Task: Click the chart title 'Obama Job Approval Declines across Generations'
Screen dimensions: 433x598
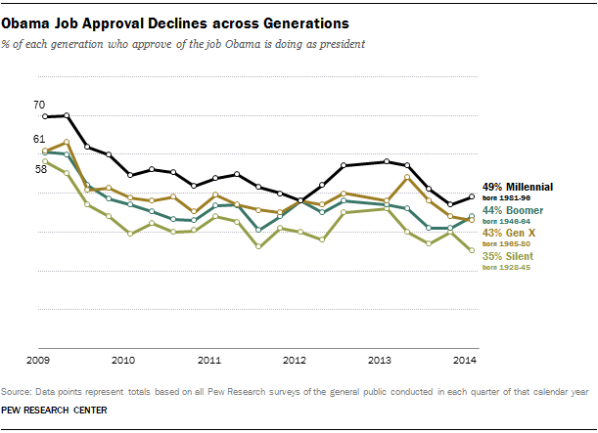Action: click(x=175, y=19)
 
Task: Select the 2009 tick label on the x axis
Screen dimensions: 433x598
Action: click(x=39, y=361)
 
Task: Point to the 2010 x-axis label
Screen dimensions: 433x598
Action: click(x=124, y=361)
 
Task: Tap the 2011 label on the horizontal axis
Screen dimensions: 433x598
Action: click(x=209, y=361)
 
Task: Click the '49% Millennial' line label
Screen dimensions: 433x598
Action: click(x=518, y=187)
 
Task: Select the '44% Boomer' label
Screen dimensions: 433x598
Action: click(x=511, y=210)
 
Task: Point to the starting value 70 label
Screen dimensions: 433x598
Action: click(x=39, y=105)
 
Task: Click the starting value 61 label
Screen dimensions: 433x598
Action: click(x=39, y=139)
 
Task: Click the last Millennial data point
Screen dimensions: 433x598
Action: click(x=473, y=197)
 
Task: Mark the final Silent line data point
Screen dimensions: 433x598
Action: click(x=473, y=250)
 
